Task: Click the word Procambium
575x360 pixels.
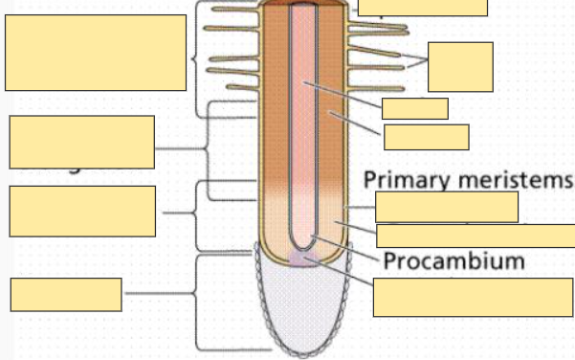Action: (x=454, y=260)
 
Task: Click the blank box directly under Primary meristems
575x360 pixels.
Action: (x=447, y=206)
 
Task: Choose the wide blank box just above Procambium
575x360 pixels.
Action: (x=475, y=236)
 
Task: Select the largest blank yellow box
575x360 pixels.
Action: (x=96, y=53)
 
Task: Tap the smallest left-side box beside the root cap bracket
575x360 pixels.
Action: (x=66, y=294)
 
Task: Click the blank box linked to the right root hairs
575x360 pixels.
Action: (x=460, y=66)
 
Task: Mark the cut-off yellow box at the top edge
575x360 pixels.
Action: (x=423, y=8)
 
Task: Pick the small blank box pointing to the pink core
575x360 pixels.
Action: (x=414, y=108)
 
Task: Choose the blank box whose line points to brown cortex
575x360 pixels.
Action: (x=426, y=137)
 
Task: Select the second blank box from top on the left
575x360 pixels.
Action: (x=81, y=141)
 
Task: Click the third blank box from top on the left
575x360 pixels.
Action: (x=82, y=211)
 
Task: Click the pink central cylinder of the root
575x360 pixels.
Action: (x=304, y=115)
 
